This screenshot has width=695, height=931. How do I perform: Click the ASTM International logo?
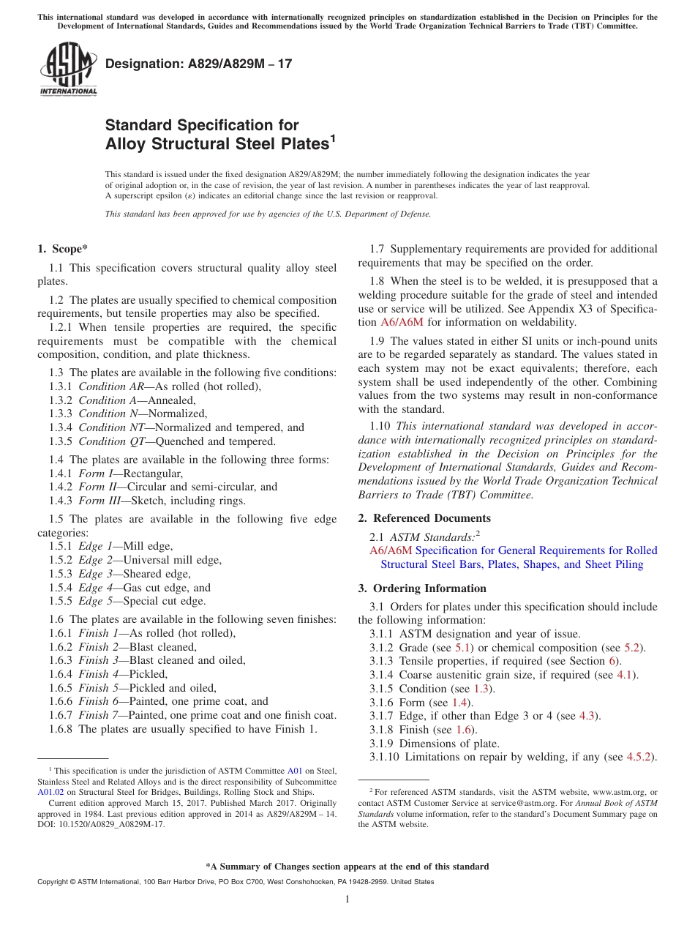(67, 69)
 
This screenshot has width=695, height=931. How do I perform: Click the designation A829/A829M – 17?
(198, 64)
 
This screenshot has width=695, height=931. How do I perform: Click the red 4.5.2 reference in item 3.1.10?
(640, 758)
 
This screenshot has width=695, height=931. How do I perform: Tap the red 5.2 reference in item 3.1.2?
(633, 648)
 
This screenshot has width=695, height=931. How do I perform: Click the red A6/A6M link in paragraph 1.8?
(402, 322)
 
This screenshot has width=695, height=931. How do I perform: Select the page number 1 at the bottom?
(347, 900)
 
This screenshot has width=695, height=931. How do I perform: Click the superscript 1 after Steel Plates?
(332, 137)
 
